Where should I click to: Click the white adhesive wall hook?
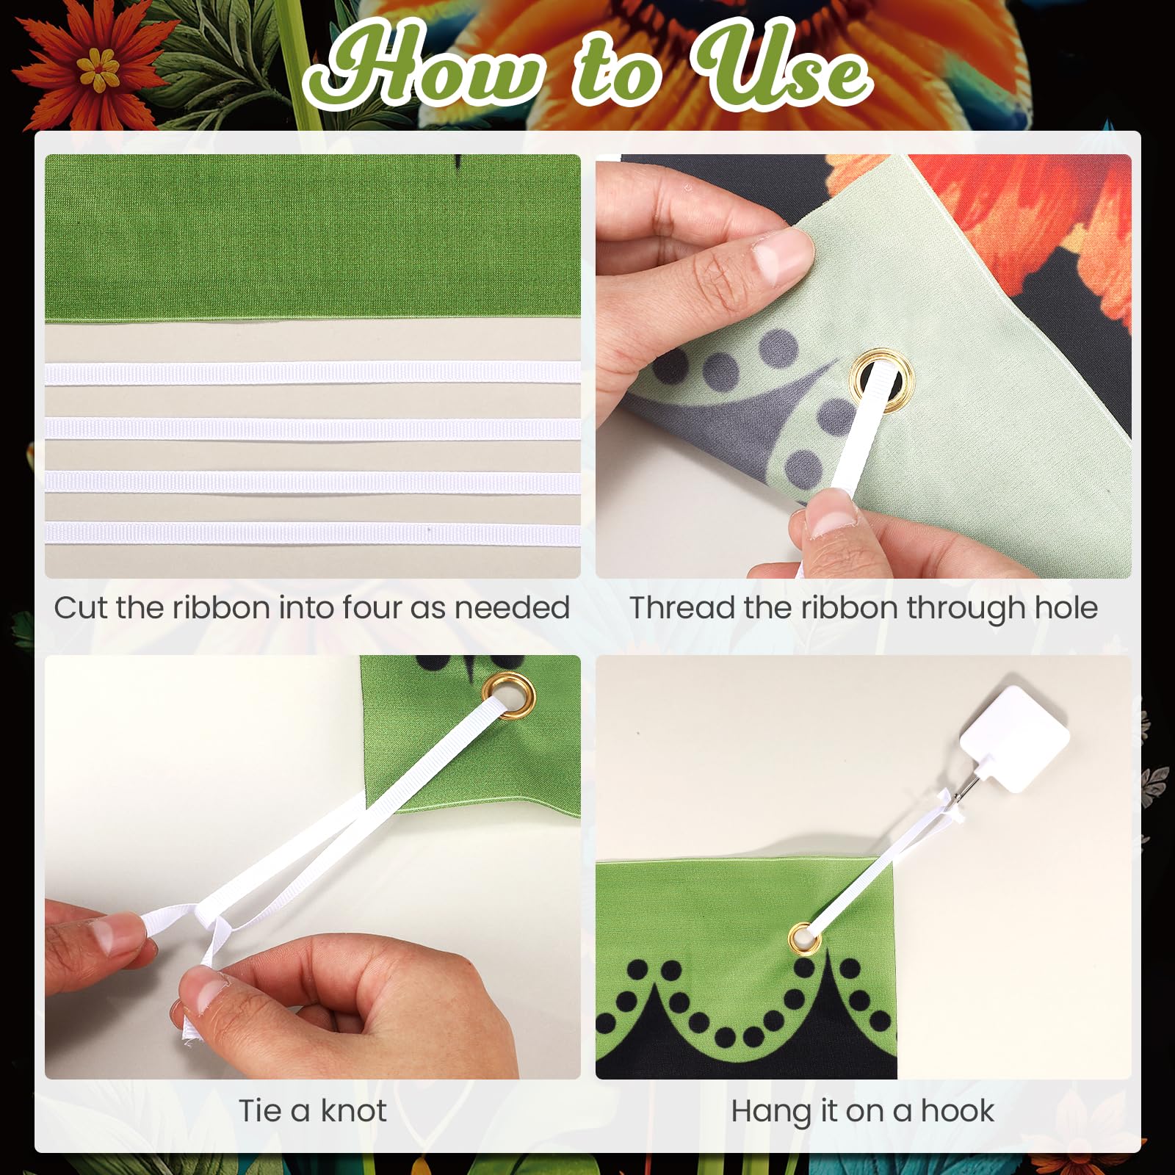click(x=1014, y=738)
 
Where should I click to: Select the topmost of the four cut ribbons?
click(x=312, y=373)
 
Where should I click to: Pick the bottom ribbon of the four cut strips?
click(x=312, y=532)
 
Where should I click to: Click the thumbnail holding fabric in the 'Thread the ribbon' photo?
click(x=781, y=258)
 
